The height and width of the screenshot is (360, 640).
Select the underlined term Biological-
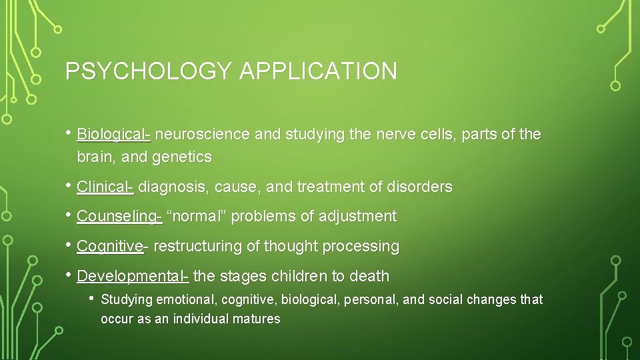[x=114, y=135]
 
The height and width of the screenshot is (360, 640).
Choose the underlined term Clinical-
[x=105, y=187]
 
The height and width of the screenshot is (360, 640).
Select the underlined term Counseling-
[x=119, y=217]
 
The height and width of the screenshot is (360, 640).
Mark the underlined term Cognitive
[x=109, y=246]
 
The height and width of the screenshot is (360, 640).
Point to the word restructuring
[x=197, y=246]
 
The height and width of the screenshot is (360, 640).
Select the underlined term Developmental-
[x=133, y=276]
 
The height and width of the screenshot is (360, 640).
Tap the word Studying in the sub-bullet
[x=127, y=300]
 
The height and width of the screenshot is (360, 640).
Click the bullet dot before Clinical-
[x=69, y=186]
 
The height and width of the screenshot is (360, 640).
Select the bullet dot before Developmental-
[x=69, y=275]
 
